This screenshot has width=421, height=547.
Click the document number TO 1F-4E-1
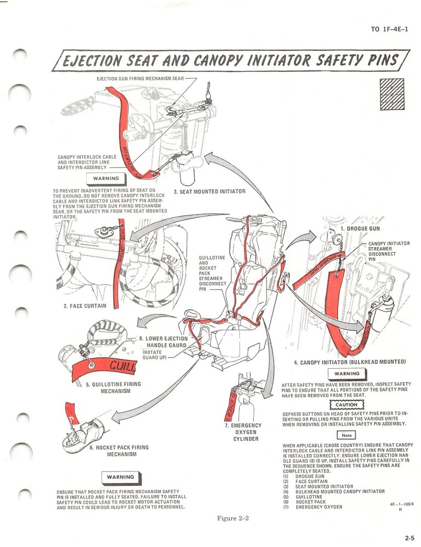pos(389,29)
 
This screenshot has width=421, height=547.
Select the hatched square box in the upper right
pos(391,94)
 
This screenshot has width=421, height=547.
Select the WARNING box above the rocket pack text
pos(120,477)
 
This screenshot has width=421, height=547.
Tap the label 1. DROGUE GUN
pos(360,229)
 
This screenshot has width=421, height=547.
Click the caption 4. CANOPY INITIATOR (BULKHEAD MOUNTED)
pos(349,362)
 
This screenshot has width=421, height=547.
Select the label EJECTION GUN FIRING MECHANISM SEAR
pos(140,79)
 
